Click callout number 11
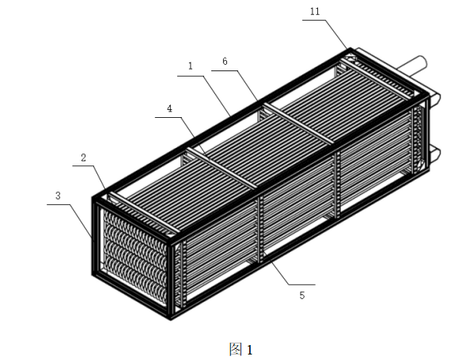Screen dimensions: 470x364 point(315,11)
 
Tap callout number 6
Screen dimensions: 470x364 point(225,62)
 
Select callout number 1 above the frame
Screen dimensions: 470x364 point(191,66)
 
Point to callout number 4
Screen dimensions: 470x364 point(169,108)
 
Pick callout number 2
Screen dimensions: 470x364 point(84,157)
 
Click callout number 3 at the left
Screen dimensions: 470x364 point(58,195)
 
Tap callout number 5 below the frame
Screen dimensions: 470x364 point(301,295)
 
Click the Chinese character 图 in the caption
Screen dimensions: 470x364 point(236,349)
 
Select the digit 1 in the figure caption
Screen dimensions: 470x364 point(249,350)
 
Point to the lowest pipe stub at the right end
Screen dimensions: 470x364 point(435,156)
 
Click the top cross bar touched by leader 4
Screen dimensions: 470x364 point(222,168)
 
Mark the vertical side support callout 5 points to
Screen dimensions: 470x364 point(260,229)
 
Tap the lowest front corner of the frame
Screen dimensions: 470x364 point(171,320)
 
